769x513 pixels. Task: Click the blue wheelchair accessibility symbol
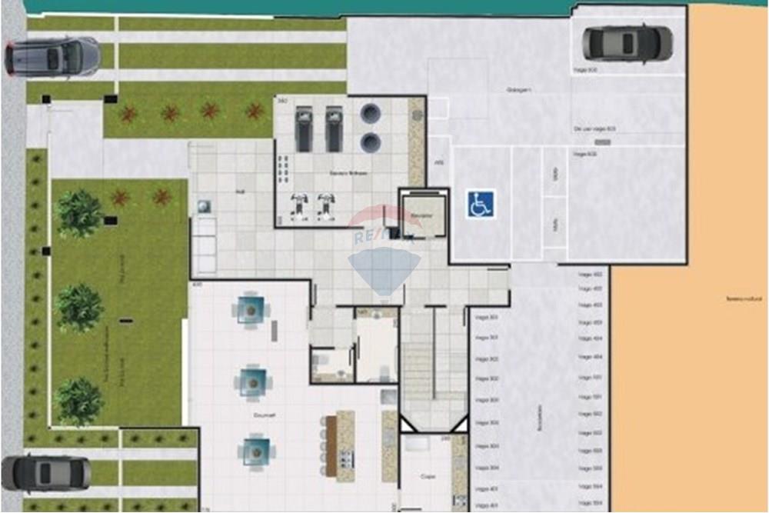(481, 204)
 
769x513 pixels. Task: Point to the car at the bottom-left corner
(46, 472)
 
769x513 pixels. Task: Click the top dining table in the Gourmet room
(251, 309)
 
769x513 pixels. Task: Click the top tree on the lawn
(79, 213)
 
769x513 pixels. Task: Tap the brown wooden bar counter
(331, 445)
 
